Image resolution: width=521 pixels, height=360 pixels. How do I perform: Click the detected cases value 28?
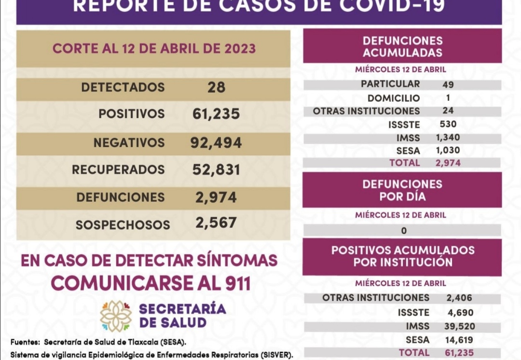tap(216, 87)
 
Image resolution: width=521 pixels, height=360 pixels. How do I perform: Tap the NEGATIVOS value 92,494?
tap(216, 143)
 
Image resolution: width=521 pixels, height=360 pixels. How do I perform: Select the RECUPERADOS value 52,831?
tap(216, 170)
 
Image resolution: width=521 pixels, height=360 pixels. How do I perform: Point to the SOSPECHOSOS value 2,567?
tap(216, 222)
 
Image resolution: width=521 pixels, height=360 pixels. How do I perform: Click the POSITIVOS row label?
tap(131, 114)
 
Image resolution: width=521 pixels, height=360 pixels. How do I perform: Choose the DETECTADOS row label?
tap(123, 87)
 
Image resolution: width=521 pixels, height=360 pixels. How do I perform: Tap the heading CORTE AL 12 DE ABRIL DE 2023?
tap(154, 49)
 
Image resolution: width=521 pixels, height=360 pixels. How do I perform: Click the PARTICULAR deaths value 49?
tap(448, 85)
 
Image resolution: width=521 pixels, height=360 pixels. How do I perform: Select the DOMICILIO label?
tap(393, 98)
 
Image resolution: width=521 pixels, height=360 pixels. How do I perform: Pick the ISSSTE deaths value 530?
tap(448, 125)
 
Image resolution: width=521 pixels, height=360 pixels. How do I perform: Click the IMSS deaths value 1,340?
tap(448, 138)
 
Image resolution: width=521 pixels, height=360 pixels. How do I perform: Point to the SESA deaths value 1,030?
tap(448, 151)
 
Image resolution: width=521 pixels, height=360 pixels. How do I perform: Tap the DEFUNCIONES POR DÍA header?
tap(402, 191)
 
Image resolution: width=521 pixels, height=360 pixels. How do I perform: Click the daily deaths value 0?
tap(403, 231)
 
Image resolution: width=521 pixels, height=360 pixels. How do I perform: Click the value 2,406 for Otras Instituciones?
tap(459, 298)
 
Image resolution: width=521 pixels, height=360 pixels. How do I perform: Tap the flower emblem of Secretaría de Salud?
tap(116, 316)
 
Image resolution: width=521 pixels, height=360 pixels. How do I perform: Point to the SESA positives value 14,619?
tap(459, 340)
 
